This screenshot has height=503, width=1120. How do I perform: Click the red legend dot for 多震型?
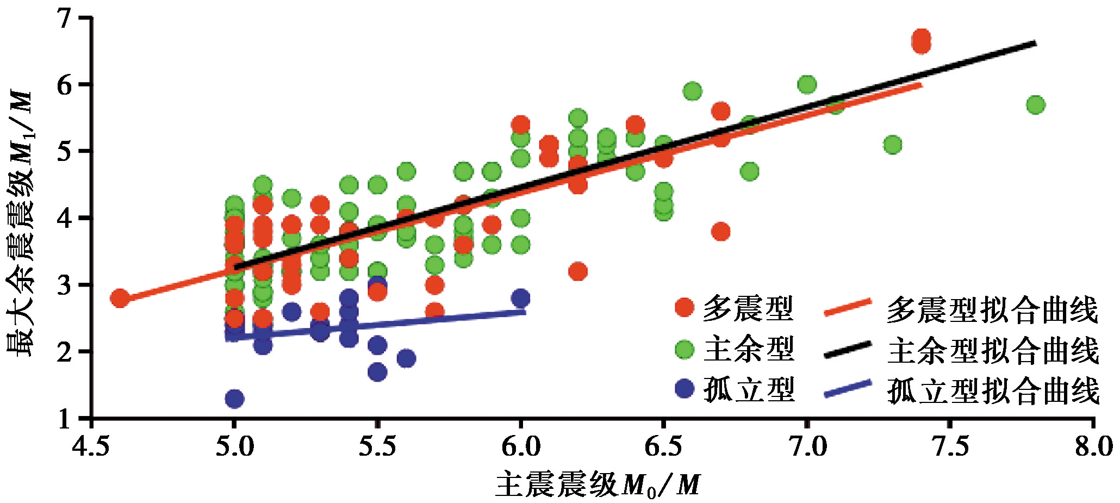685,307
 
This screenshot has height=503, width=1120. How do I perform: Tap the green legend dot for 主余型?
685,349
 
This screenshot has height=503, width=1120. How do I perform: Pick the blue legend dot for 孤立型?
685,388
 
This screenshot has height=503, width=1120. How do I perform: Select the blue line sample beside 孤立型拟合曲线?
847,388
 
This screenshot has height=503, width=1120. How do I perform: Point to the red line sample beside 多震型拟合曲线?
847,307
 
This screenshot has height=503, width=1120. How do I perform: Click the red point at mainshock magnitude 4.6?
120,298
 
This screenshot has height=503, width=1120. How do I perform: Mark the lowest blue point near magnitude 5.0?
234,399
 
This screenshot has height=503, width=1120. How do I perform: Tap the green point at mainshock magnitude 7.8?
1036,104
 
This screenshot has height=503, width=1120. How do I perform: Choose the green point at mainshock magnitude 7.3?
893,145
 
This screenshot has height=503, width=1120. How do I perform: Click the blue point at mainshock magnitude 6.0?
520,298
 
